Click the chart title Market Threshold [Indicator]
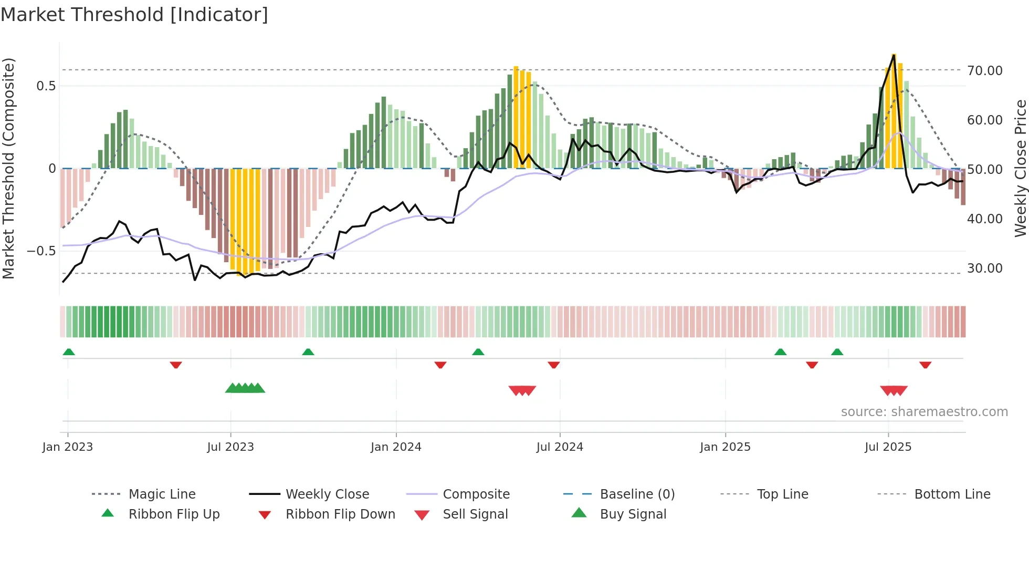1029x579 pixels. [x=134, y=15]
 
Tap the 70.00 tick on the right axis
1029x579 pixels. [x=984, y=70]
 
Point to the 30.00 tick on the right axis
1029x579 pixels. [x=984, y=268]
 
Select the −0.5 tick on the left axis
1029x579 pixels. [x=41, y=251]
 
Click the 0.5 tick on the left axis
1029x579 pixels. [x=46, y=86]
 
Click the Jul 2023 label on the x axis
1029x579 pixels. [x=230, y=447]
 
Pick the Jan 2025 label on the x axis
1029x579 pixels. [x=725, y=447]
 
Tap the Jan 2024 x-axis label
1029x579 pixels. [x=396, y=447]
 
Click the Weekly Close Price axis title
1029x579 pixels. [x=1020, y=168]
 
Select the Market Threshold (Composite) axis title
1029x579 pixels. [x=8, y=168]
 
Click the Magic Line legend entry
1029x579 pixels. [x=162, y=494]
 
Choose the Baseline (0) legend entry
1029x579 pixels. [x=637, y=494]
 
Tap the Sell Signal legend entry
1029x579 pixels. [x=475, y=514]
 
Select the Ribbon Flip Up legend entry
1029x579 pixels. [x=174, y=514]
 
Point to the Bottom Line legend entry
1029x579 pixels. [x=952, y=494]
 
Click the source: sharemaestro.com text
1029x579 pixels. [x=924, y=412]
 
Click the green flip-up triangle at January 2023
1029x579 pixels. [x=69, y=352]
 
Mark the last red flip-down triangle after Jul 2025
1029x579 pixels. [x=925, y=365]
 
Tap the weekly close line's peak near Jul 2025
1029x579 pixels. [x=894, y=55]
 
